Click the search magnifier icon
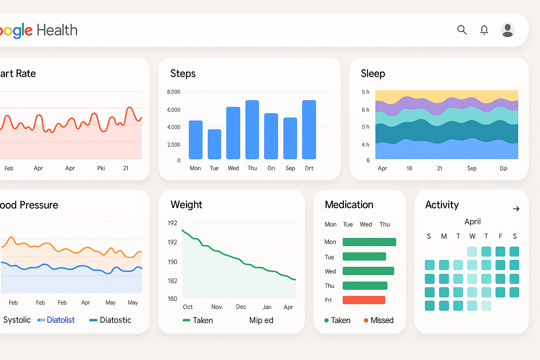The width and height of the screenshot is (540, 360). (x=462, y=30)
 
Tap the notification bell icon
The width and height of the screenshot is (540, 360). (x=484, y=30)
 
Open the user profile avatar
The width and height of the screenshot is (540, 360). (x=507, y=30)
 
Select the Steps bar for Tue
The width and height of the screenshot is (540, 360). (x=214, y=144)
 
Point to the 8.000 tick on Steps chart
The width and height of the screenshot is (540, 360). (x=174, y=92)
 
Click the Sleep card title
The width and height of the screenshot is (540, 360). (x=373, y=73)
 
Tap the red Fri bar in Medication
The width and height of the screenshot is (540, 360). (x=364, y=300)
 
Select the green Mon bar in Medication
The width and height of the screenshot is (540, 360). (x=369, y=242)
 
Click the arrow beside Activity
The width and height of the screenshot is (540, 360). (x=516, y=209)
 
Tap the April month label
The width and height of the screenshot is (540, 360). (x=472, y=221)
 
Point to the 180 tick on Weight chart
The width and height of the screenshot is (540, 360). (x=172, y=299)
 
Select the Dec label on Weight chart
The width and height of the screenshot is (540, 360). (x=241, y=307)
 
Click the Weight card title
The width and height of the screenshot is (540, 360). (x=186, y=205)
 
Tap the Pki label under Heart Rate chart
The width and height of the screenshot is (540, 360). (x=101, y=168)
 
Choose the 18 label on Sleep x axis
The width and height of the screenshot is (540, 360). (x=409, y=168)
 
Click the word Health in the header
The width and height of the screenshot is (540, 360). (x=57, y=30)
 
